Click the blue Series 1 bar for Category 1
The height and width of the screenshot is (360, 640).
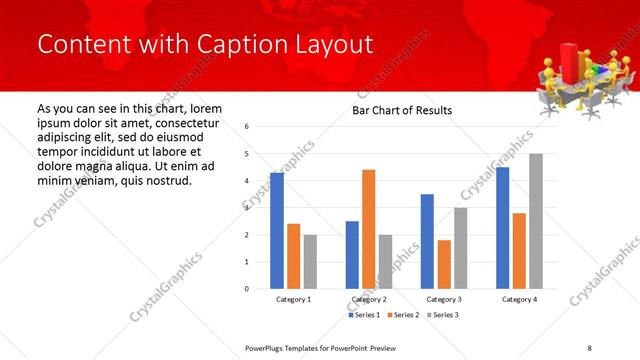point(277,230)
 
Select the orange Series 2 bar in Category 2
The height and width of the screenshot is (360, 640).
point(369,229)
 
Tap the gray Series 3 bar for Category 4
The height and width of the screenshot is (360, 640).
point(536,221)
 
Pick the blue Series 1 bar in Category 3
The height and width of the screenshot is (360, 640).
point(427,241)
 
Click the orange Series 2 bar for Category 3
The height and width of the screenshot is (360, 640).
point(444,264)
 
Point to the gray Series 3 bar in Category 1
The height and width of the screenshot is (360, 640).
point(310,261)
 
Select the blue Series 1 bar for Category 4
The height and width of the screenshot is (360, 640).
point(502,227)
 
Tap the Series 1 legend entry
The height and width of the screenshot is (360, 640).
point(363,315)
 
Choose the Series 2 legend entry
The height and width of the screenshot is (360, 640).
point(403,315)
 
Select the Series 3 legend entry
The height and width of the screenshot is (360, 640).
point(443,315)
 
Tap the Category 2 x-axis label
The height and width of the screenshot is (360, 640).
point(369,299)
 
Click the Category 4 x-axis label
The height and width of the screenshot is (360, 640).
point(519,299)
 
